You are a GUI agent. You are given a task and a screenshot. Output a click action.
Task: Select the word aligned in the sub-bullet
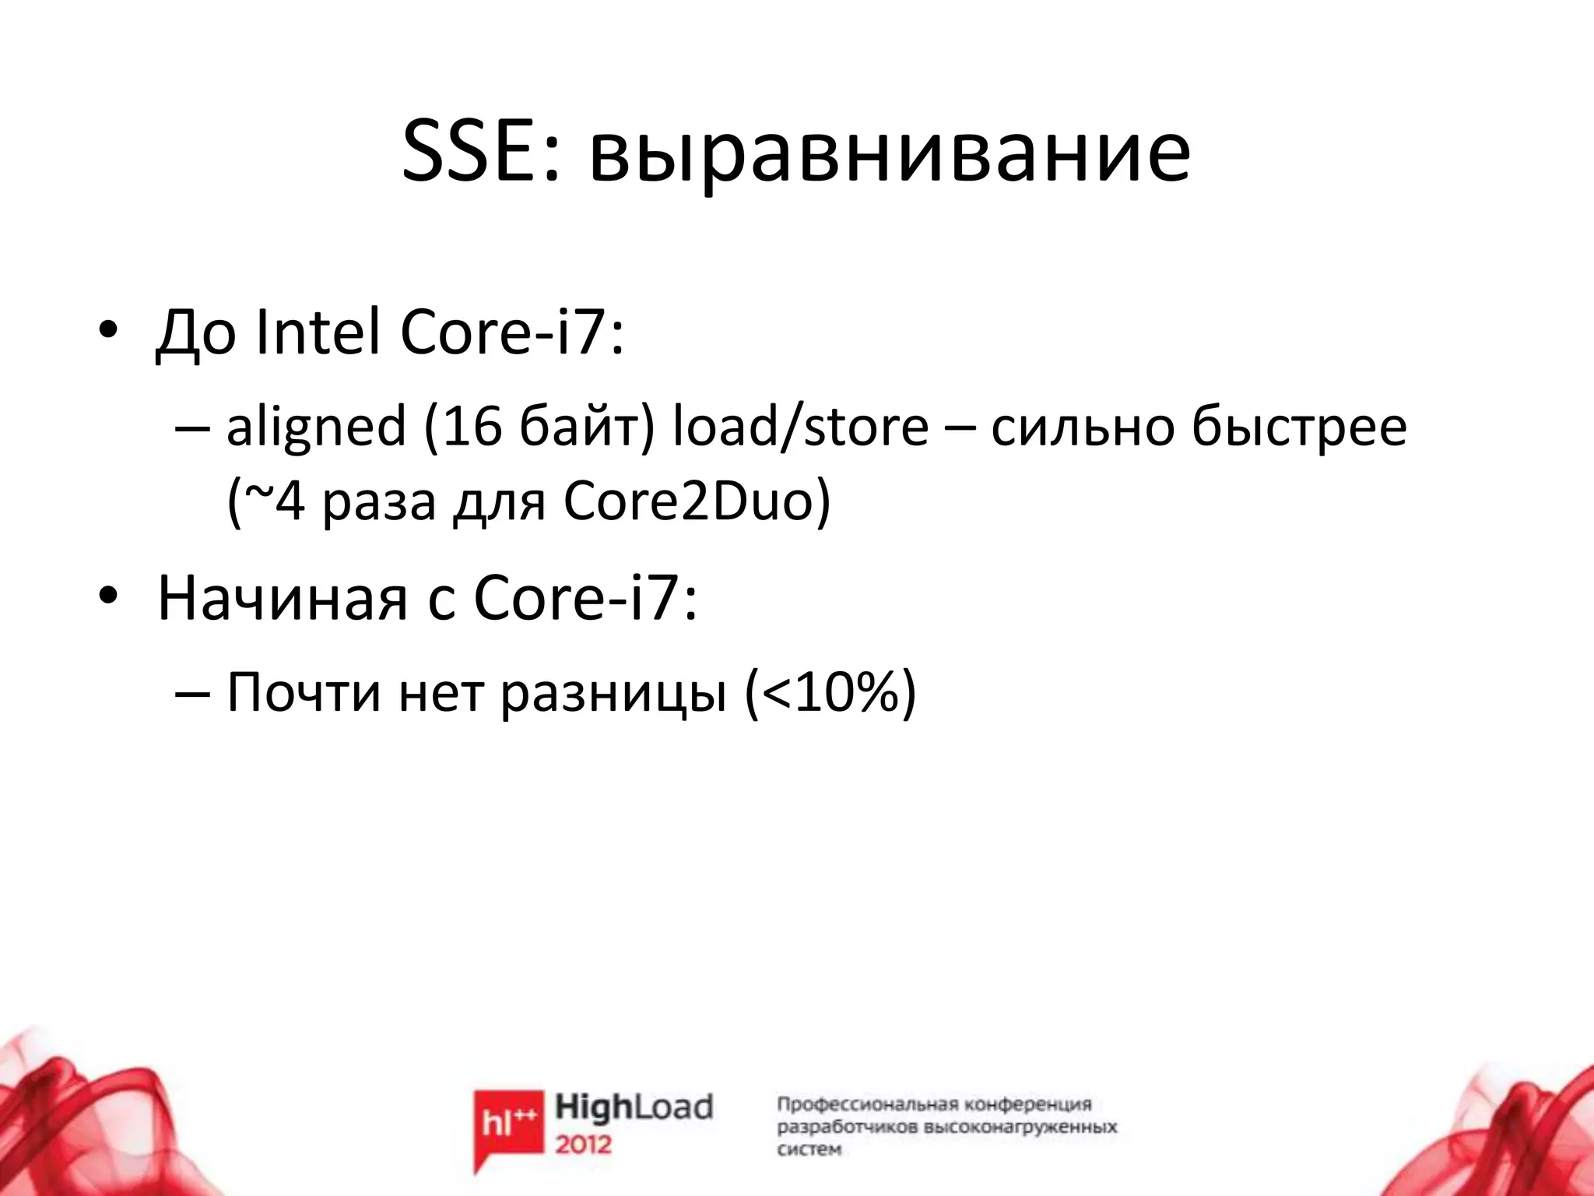316,428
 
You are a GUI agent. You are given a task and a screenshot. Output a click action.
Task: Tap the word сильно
1082,428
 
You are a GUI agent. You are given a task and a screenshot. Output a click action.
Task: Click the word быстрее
1299,428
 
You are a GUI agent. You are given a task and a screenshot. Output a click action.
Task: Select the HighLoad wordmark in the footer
634,1107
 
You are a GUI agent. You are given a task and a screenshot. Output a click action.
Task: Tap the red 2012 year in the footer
583,1145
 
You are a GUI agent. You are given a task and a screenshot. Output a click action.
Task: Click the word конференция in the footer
1027,1104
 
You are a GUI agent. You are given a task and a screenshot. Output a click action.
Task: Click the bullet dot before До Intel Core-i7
107,330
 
